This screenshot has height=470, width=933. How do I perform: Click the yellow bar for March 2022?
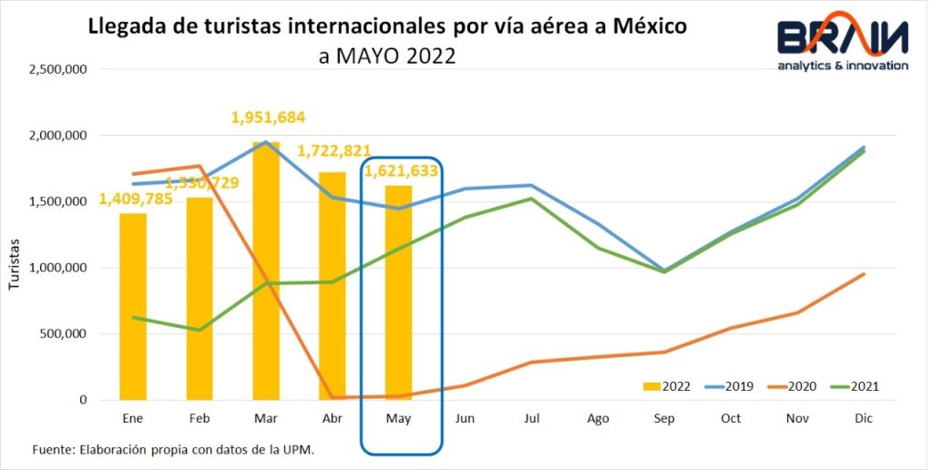coord(266,273)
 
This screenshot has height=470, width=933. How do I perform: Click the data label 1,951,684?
coord(268,117)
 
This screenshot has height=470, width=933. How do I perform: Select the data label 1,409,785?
coord(137,199)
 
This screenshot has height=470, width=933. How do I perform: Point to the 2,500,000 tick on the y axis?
coord(58,69)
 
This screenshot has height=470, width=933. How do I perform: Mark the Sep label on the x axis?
coord(663,419)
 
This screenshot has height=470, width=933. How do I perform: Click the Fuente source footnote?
coord(173,450)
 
